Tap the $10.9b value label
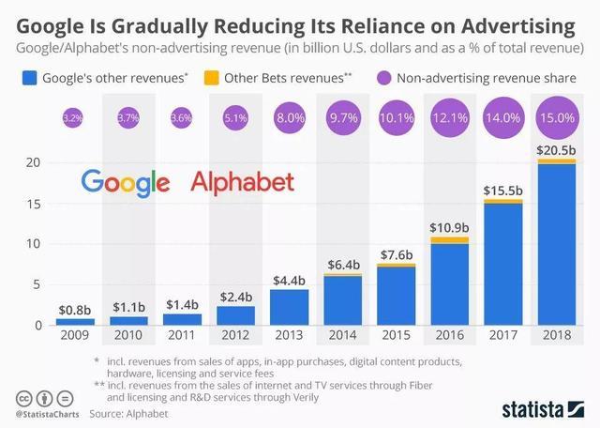coord(448,227)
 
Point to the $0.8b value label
coord(74,309)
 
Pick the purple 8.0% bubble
coord(288,118)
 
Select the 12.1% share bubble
coord(448,118)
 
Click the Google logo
coord(125,181)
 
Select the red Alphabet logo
coord(243,180)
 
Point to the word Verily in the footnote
coord(303,396)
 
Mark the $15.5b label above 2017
coord(502,190)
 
